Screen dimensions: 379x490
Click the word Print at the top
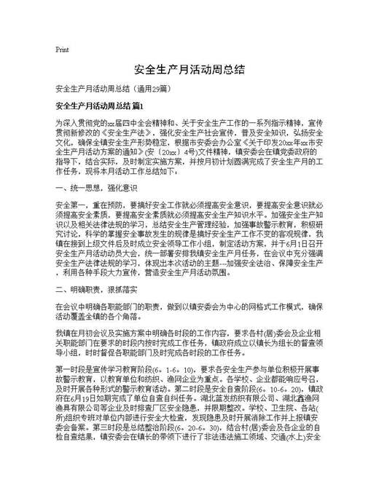point(62,50)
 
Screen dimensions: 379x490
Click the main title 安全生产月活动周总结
point(189,70)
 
